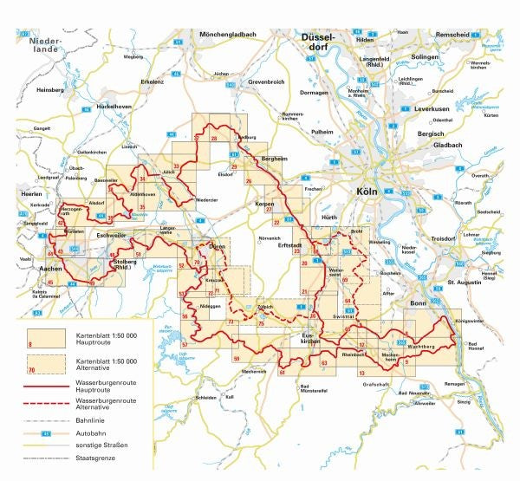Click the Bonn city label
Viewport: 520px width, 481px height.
coord(419,303)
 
